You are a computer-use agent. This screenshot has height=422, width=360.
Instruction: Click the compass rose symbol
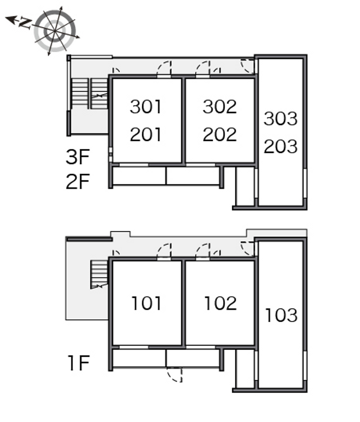(55, 31)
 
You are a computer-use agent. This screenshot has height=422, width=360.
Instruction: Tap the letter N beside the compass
(25, 23)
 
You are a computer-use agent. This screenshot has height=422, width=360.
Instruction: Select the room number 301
(146, 107)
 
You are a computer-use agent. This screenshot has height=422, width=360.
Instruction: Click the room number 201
(146, 135)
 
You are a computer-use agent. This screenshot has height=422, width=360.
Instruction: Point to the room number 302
(220, 107)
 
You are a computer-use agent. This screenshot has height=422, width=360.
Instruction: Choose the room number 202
(220, 135)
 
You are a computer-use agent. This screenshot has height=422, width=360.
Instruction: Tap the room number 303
(280, 118)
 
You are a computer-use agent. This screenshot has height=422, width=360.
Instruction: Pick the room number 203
(280, 146)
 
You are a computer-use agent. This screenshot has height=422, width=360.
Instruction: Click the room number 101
(146, 303)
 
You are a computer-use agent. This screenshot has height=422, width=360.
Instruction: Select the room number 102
(220, 303)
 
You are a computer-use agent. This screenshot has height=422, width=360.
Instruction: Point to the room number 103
(281, 315)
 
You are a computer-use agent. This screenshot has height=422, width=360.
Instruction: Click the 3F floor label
(77, 157)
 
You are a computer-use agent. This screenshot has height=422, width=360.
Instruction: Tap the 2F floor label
(77, 182)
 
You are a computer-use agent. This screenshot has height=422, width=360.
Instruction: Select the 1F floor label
(79, 363)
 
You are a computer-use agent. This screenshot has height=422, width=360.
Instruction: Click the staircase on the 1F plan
(99, 274)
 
